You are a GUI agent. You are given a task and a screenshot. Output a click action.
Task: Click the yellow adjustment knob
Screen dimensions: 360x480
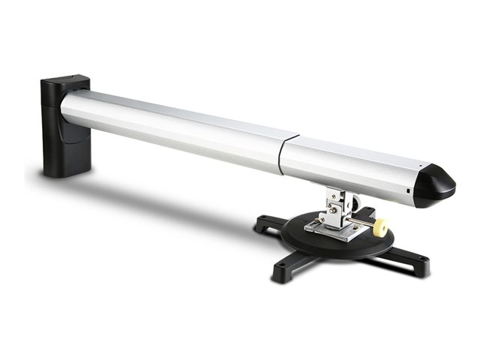(380, 227)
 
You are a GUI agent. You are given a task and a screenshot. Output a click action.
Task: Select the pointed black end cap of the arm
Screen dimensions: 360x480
(434, 185)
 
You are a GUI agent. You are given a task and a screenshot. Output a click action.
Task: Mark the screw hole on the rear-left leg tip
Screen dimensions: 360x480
(260, 222)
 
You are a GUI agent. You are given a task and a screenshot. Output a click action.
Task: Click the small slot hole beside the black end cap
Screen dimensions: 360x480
(409, 192)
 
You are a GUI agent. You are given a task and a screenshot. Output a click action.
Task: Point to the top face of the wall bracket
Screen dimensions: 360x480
(64, 80)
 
